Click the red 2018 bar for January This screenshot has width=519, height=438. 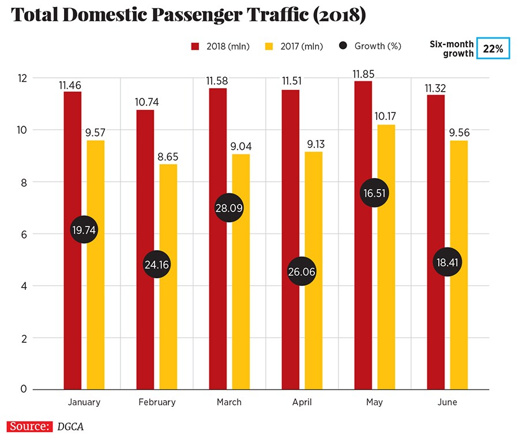[x=72, y=288]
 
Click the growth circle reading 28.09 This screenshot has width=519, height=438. [x=230, y=208]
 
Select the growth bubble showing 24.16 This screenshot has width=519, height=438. [x=157, y=265]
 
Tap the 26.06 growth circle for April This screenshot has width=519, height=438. [x=303, y=272]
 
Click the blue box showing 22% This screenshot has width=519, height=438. [x=493, y=49]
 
